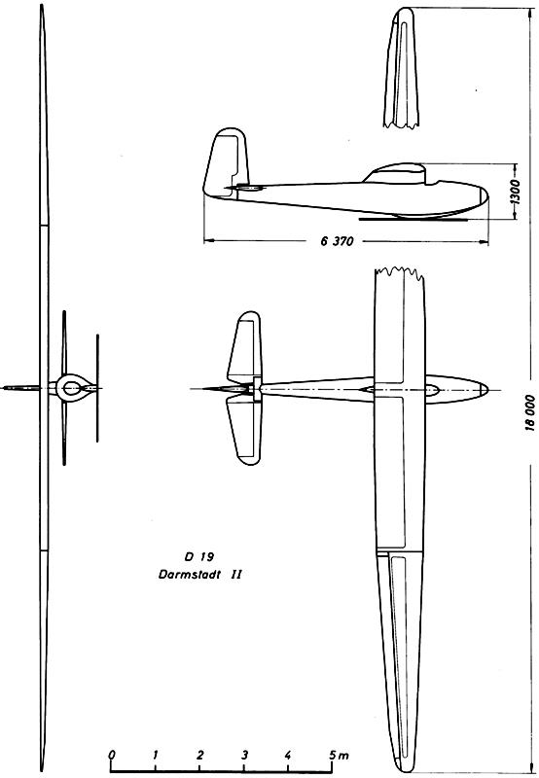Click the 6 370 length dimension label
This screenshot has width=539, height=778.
point(337,241)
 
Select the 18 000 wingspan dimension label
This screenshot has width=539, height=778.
point(529,412)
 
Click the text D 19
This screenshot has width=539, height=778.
point(199,556)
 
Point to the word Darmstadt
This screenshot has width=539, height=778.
point(189,575)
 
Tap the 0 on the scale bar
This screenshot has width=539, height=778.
point(112,755)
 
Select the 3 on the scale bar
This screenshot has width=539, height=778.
point(244,756)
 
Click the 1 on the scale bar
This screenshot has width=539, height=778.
point(156,755)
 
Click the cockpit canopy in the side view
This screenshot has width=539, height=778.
point(395,173)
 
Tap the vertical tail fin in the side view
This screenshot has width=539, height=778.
point(226,163)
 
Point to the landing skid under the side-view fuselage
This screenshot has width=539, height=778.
point(413,218)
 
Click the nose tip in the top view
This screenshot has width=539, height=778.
point(487,389)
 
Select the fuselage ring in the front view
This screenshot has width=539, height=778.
point(71,387)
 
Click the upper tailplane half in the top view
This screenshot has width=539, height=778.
point(244,347)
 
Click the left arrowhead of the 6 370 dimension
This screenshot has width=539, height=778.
point(207,241)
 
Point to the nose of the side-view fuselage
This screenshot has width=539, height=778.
point(486,197)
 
